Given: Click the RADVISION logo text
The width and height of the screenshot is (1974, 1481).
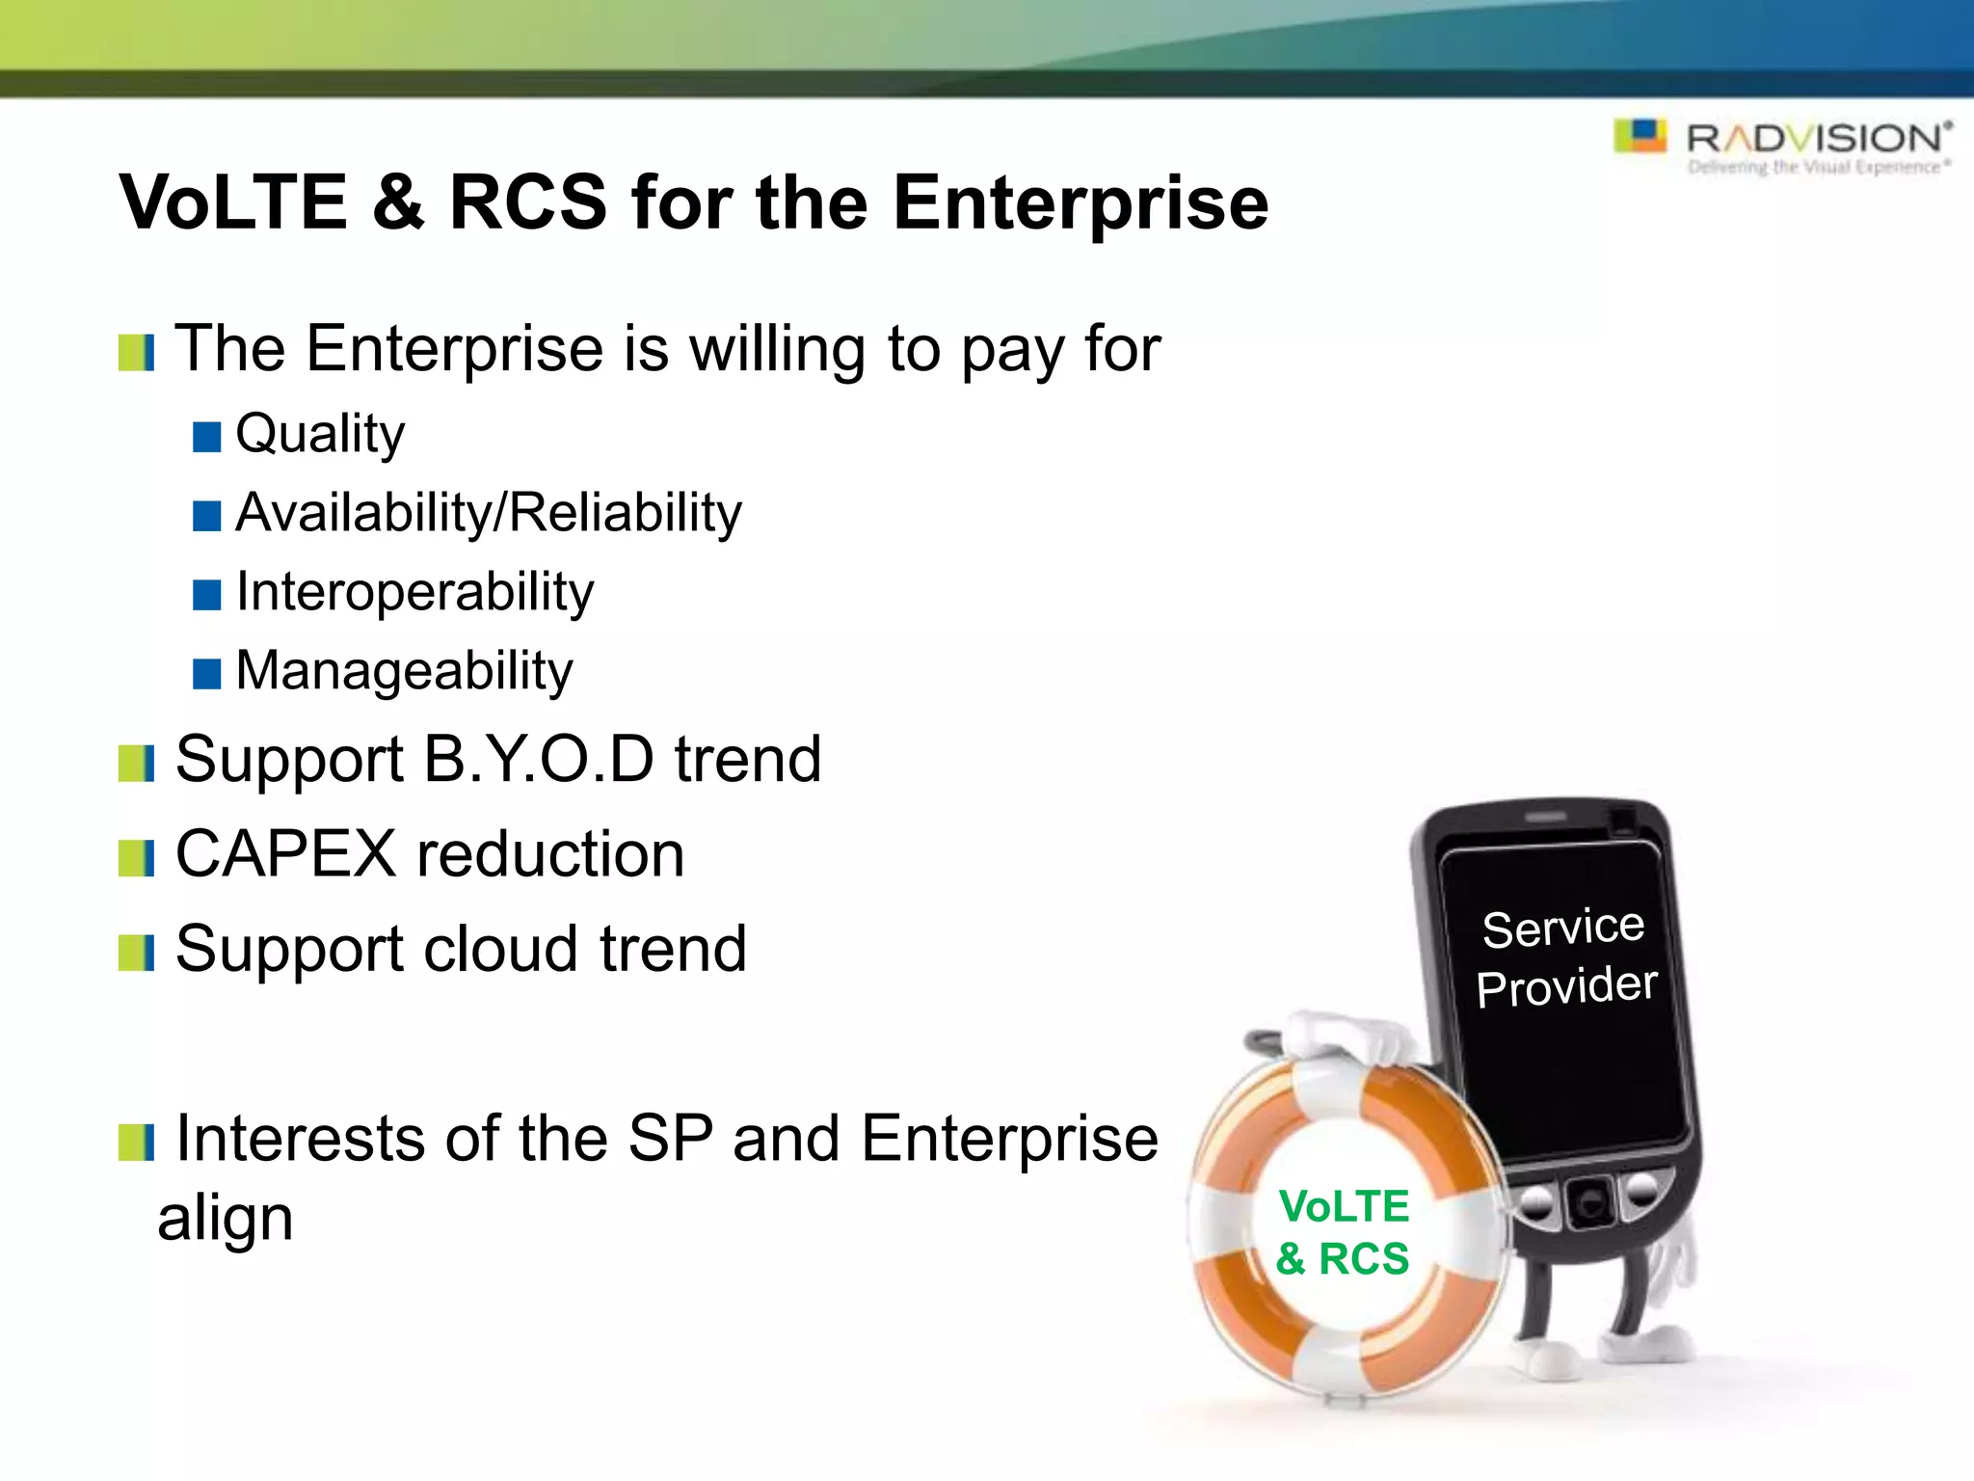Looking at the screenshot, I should click(x=1816, y=139).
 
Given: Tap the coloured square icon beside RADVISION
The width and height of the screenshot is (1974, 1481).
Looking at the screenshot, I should click(x=1641, y=136).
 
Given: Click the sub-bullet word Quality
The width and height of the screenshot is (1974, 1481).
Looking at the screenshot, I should click(x=320, y=434).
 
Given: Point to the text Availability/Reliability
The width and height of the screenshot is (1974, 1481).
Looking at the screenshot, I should click(x=489, y=513).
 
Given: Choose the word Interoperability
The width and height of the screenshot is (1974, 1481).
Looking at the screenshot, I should click(x=414, y=592).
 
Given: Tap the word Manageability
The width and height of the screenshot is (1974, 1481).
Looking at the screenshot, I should click(x=404, y=671).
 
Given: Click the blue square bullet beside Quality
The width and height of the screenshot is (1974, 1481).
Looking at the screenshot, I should click(x=206, y=437).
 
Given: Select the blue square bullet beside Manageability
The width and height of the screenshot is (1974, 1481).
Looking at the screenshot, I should click(x=206, y=674).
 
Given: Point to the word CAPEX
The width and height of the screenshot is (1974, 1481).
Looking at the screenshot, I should click(x=285, y=854).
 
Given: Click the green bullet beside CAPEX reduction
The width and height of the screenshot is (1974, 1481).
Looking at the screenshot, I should click(x=136, y=858).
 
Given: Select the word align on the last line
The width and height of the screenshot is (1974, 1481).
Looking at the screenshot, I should click(x=226, y=1219).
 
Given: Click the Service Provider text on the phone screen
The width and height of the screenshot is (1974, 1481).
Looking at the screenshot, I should click(x=1565, y=957).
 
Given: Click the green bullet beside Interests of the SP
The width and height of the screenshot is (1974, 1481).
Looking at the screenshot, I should click(x=136, y=1143).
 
